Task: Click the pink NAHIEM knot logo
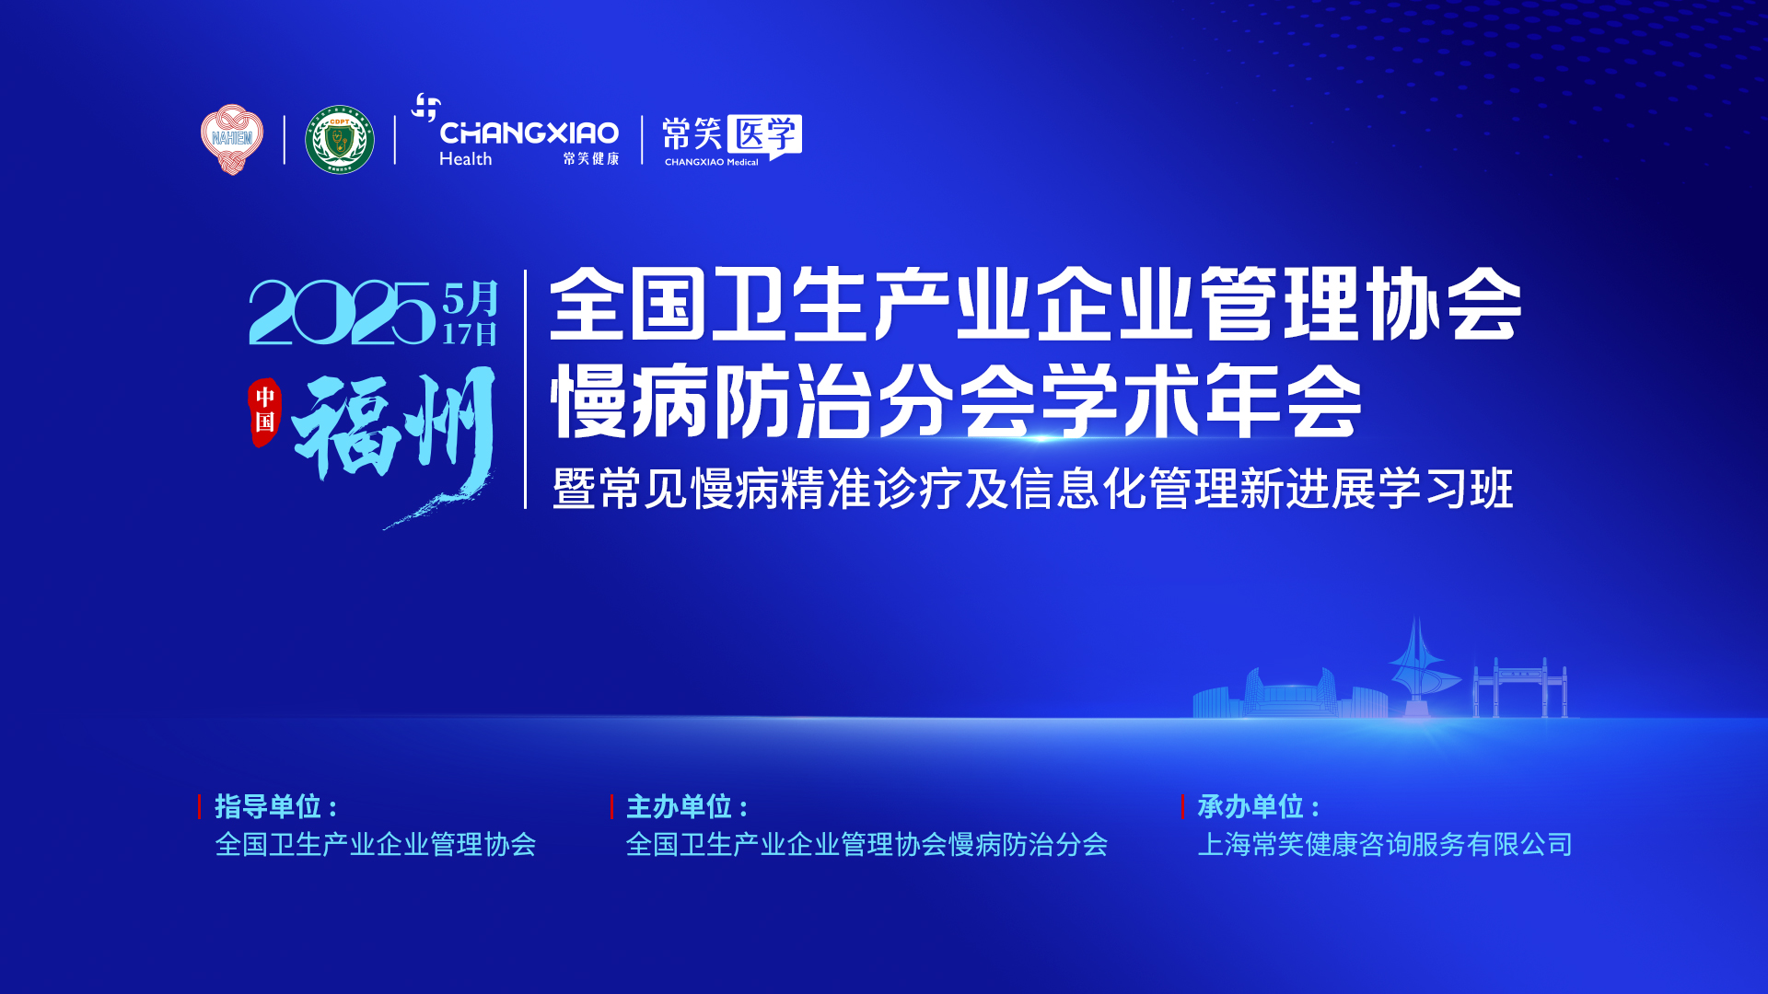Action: point(232,139)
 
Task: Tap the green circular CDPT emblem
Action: point(340,140)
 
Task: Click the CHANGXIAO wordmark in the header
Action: point(529,133)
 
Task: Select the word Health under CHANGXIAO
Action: point(465,159)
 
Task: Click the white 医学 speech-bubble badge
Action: point(764,135)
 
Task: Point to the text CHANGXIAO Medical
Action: point(712,162)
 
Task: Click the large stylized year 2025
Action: point(343,313)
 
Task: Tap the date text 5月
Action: point(471,298)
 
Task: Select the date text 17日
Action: point(470,333)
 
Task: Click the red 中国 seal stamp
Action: point(264,411)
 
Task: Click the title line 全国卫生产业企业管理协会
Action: point(1036,304)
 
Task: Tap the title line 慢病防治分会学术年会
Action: point(956,401)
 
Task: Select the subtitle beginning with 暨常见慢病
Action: point(1032,489)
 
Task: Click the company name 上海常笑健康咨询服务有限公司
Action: point(1385,845)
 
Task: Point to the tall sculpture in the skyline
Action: point(1420,667)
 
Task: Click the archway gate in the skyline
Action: point(1520,688)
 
